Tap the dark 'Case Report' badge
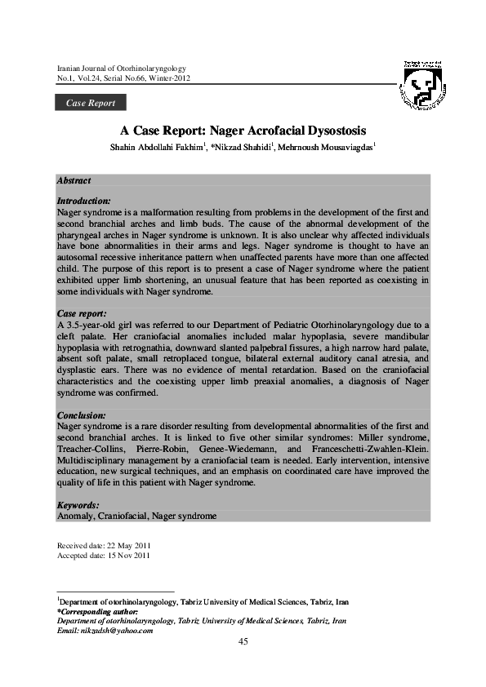[x=90, y=103]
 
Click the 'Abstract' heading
[x=74, y=180]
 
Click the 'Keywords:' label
[x=78, y=506]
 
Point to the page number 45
[x=243, y=641]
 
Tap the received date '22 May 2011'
[x=128, y=544]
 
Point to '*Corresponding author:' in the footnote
[x=98, y=611]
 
